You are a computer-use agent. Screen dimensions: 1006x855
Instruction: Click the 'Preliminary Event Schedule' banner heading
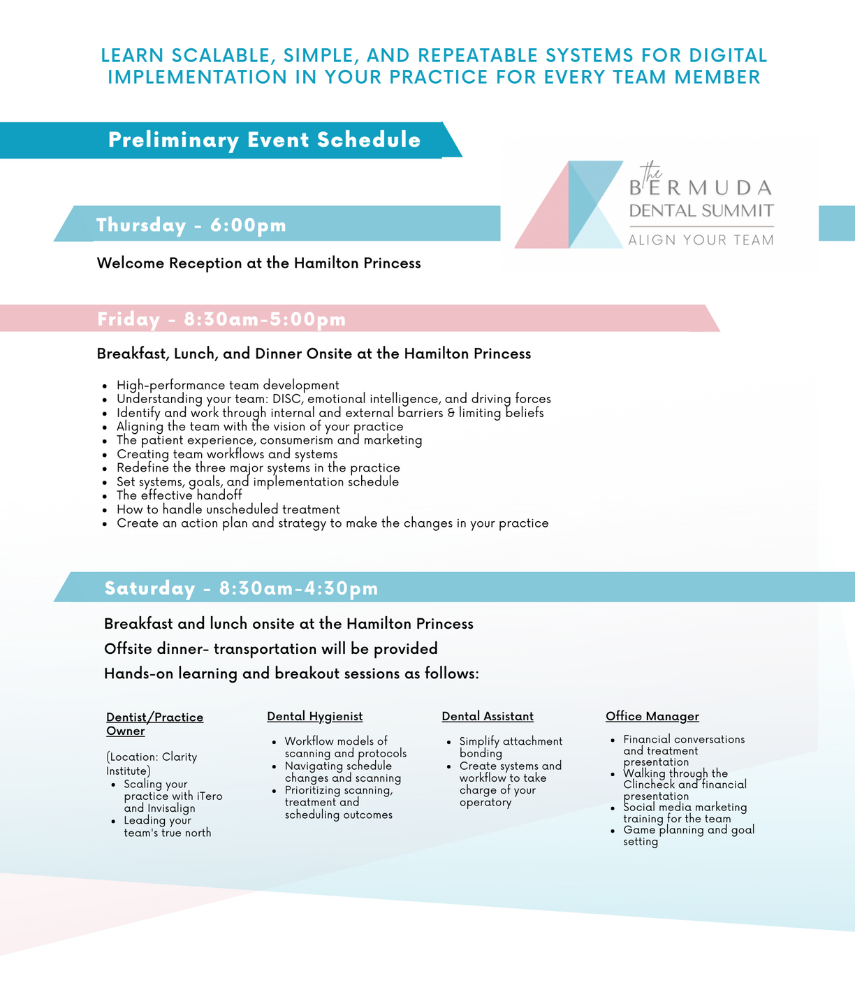(x=264, y=140)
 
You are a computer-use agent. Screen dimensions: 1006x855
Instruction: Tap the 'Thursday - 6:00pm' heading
(x=191, y=225)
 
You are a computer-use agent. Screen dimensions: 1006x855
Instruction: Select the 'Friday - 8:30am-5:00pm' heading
(x=221, y=319)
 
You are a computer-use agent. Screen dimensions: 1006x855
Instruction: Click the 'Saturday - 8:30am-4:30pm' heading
(x=241, y=588)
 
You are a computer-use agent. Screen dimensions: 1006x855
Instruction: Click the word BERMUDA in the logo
(x=701, y=188)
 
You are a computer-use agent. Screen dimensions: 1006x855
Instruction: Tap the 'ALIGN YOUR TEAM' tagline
(x=701, y=240)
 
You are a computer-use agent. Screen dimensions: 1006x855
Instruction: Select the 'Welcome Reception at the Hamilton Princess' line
(x=258, y=263)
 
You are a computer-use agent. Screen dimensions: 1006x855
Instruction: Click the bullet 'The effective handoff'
(x=179, y=495)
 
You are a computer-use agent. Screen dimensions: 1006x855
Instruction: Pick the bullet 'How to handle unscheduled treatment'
(x=228, y=509)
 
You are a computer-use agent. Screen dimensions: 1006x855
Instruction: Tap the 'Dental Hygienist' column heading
(x=314, y=716)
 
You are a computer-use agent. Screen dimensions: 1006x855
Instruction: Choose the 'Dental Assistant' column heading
(x=488, y=716)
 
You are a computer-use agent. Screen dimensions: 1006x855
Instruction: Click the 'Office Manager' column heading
(x=652, y=716)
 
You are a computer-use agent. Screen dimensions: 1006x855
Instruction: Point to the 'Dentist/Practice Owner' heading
(x=154, y=724)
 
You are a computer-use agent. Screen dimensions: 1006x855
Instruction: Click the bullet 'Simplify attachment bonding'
(x=510, y=747)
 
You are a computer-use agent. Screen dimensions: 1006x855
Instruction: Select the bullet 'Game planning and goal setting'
(x=688, y=836)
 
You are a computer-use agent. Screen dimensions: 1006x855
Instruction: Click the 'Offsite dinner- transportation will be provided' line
(x=270, y=649)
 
